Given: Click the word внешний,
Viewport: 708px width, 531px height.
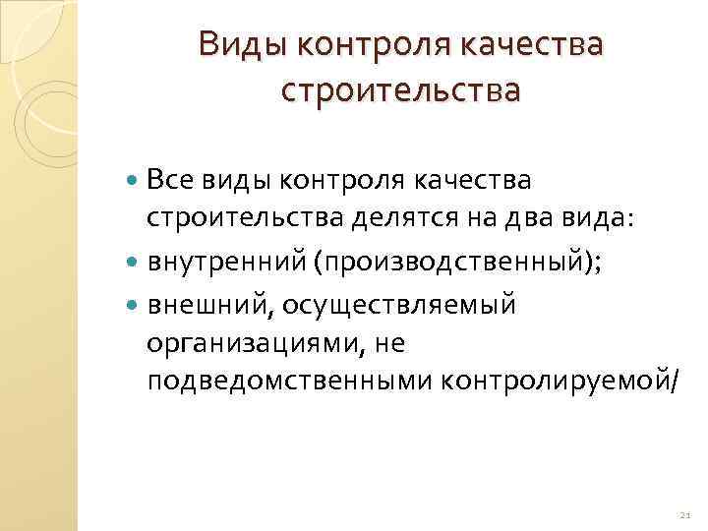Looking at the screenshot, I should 210,306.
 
